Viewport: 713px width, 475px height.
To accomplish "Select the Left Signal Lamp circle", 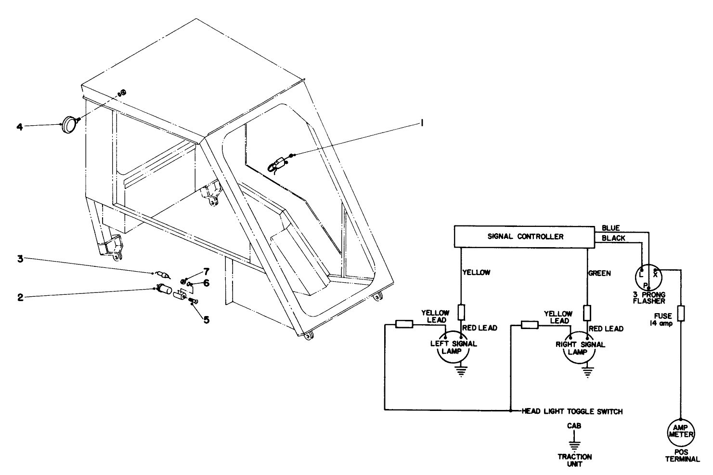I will tap(453, 349).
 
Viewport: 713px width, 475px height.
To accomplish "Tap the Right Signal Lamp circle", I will tap(579, 349).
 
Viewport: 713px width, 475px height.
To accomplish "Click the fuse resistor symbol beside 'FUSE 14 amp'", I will tap(681, 313).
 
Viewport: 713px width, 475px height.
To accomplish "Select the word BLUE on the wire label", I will tap(611, 228).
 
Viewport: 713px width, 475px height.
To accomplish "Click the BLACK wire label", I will tap(613, 238).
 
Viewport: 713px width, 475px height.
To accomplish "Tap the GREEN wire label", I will tap(599, 273).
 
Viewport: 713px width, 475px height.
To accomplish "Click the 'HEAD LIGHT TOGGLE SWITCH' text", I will tap(572, 411).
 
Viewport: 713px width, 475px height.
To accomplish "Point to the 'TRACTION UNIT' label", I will tap(575, 460).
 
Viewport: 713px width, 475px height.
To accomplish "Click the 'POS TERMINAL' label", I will tap(682, 456).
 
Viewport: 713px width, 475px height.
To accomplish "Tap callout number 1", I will tap(422, 124).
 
